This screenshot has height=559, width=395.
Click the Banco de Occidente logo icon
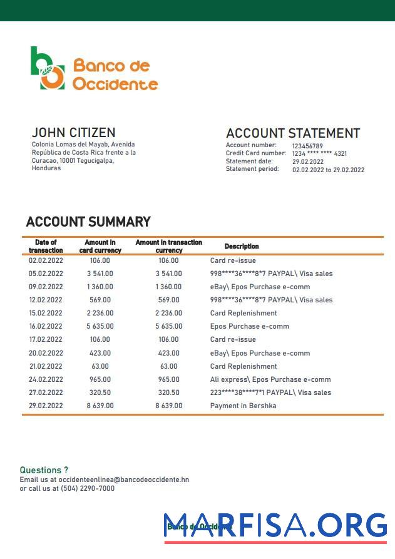48,68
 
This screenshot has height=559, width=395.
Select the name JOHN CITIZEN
73,133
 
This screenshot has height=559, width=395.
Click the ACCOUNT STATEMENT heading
292,133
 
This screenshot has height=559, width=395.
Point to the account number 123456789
307,146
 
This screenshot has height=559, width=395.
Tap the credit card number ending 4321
319,153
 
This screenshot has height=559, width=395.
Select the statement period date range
328,170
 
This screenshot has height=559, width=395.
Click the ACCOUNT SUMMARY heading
88,222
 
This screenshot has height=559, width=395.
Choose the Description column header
242,246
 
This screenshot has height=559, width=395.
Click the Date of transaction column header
46,246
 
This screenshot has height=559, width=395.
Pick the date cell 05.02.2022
46,274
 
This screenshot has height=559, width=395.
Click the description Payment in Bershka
243,406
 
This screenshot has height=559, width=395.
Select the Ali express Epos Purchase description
270,379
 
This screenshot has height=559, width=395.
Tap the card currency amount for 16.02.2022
100,326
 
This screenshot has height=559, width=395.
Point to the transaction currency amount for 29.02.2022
169,406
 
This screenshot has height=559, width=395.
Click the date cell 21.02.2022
46,366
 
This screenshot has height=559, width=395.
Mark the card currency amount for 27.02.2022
100,392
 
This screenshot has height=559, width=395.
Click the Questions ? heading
44,469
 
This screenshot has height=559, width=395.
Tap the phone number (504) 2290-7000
88,488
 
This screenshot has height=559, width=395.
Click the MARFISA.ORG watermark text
275,525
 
